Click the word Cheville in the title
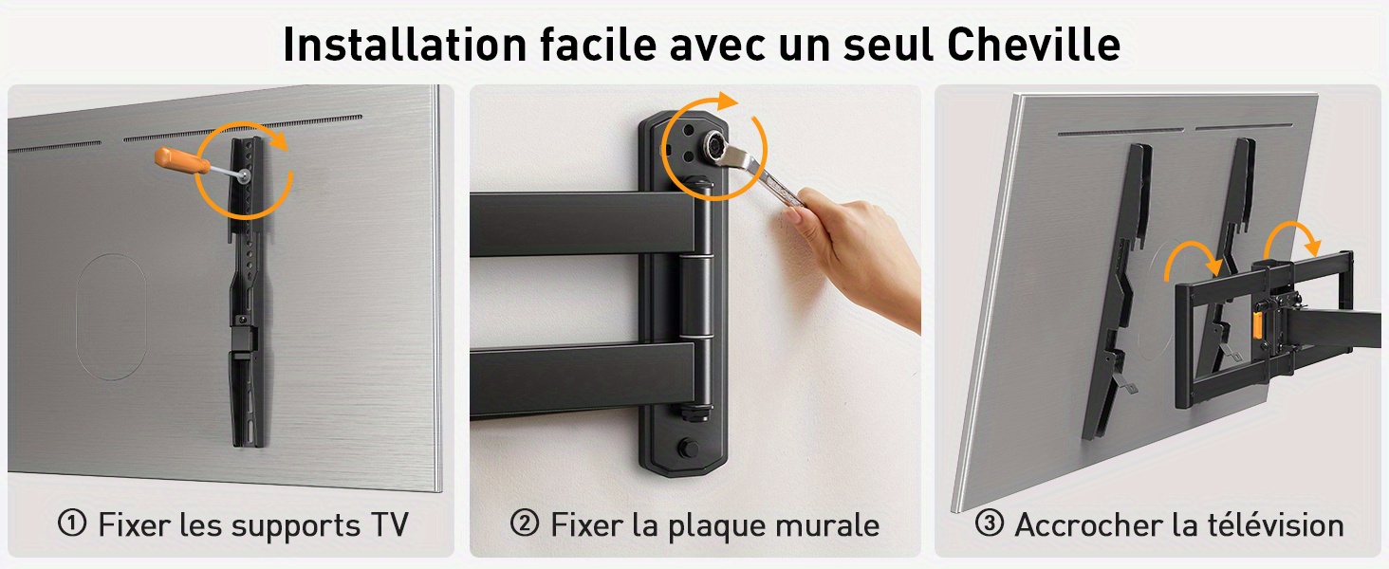[x=1034, y=44]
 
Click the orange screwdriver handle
[x=181, y=160]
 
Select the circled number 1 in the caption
[x=72, y=523]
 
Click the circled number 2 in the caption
[x=525, y=523]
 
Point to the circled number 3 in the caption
[x=989, y=523]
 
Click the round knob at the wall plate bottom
[x=688, y=448]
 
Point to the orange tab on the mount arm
[x=1256, y=325]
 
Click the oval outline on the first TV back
[x=111, y=316]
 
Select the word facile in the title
[x=599, y=44]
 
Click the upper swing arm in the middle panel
[x=583, y=224]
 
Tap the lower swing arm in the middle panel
[x=583, y=379]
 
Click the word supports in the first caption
[x=295, y=527]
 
